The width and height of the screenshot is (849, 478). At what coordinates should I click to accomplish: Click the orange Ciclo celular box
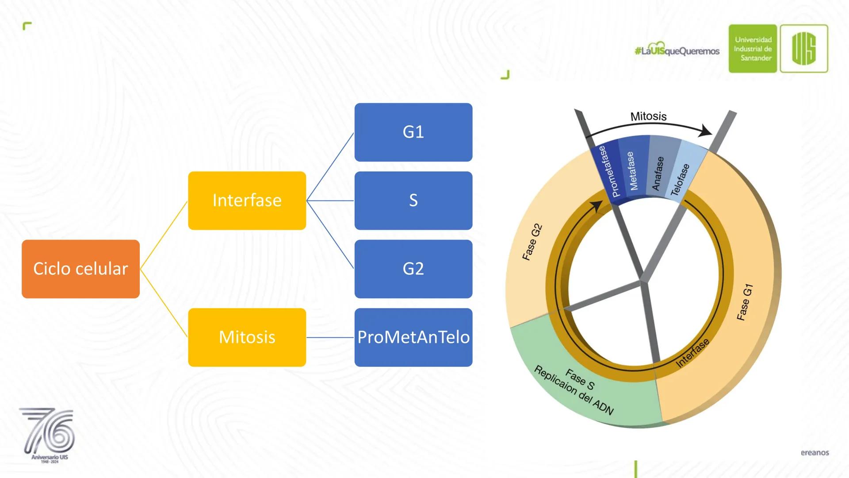click(80, 269)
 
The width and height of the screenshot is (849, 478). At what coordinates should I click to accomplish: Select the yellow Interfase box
click(247, 200)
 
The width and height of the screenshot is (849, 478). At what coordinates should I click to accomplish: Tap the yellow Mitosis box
click(247, 337)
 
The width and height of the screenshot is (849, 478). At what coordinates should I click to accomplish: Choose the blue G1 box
click(413, 132)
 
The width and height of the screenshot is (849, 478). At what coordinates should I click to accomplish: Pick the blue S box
click(413, 200)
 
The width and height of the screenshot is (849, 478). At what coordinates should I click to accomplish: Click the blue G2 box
click(413, 269)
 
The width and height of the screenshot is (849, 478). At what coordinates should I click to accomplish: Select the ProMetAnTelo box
click(413, 337)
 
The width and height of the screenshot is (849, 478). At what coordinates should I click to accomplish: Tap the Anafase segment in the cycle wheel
click(658, 173)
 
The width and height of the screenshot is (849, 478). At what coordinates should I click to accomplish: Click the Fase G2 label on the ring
click(532, 243)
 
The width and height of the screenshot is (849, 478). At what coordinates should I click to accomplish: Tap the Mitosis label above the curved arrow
click(648, 116)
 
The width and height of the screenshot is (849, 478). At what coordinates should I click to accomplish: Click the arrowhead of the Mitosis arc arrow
click(707, 131)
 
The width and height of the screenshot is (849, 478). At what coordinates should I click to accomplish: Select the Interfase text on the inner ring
click(692, 353)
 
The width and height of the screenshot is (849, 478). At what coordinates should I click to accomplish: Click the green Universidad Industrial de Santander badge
click(753, 49)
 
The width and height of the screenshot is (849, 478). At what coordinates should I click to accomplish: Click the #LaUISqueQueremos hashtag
click(677, 51)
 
